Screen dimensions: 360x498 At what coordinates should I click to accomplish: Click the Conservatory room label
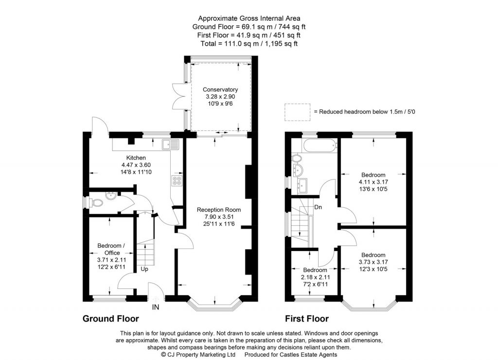[220, 90]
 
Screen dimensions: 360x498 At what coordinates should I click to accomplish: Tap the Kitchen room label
[136, 158]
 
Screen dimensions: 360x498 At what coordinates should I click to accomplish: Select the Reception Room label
[218, 210]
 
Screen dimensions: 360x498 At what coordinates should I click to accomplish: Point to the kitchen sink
[171, 144]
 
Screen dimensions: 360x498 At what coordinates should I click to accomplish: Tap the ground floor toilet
[97, 202]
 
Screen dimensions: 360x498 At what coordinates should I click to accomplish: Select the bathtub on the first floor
[319, 144]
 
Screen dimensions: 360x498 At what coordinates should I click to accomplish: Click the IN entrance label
[156, 307]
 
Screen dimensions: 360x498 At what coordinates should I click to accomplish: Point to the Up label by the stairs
[145, 269]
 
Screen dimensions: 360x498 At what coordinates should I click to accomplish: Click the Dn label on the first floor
[318, 207]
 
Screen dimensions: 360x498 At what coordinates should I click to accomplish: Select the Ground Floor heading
[110, 319]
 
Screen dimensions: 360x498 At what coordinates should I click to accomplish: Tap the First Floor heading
[306, 319]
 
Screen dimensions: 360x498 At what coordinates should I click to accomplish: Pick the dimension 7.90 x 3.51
[218, 216]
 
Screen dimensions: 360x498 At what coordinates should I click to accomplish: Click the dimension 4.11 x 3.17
[373, 182]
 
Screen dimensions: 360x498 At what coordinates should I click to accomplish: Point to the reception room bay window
[215, 305]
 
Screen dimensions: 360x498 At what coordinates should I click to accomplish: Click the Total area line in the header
[249, 43]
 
